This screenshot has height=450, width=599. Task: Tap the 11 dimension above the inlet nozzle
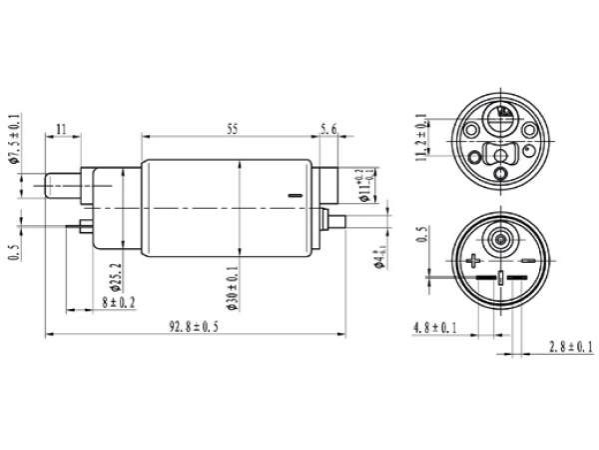(x=62, y=130)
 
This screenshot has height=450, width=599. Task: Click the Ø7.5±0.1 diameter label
(x=14, y=140)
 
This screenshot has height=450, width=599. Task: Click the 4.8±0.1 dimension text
(x=434, y=327)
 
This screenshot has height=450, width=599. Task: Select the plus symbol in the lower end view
(x=471, y=263)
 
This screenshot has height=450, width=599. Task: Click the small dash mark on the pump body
(x=293, y=194)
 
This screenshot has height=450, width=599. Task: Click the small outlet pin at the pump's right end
(x=336, y=220)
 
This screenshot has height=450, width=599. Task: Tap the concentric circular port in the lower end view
(x=499, y=241)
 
